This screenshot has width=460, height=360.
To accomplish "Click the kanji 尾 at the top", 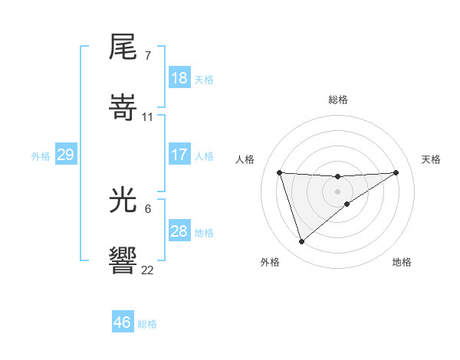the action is pos(123,47).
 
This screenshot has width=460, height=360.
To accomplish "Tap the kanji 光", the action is pos(123,201).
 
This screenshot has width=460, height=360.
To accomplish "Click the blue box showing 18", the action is pos(179,78).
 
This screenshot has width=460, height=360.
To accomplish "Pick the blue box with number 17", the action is pos(179,155).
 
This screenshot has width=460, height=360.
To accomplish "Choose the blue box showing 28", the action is pos(179,231).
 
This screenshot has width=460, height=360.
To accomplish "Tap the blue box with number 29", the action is pos(65,155).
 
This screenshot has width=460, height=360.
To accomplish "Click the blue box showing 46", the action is pos(123,322).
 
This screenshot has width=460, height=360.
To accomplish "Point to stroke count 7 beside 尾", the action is pos(147,56).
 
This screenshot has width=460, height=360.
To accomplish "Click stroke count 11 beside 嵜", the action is pos(148,116).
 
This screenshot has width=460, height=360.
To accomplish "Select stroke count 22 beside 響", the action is pos(147,270).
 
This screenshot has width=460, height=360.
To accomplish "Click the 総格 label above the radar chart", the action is pos(338,100).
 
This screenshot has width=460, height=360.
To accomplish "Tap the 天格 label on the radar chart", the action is pos(432,159).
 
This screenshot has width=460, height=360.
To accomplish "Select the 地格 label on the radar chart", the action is pos(402,262).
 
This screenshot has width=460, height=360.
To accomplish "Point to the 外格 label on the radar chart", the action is pos(269,262).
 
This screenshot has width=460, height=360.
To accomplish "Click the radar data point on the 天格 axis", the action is pos(396,172).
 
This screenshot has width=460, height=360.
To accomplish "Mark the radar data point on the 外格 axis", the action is pos(301,242).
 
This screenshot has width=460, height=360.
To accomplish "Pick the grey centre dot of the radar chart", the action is pos(337,191).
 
